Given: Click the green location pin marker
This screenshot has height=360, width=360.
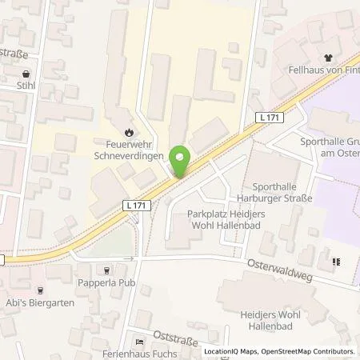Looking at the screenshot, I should [182, 162].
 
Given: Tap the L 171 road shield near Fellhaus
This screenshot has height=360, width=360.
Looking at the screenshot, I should [270, 118].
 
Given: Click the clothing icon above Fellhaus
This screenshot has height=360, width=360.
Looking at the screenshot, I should [327, 57].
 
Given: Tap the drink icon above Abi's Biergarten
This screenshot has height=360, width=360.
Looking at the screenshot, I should [40, 291].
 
